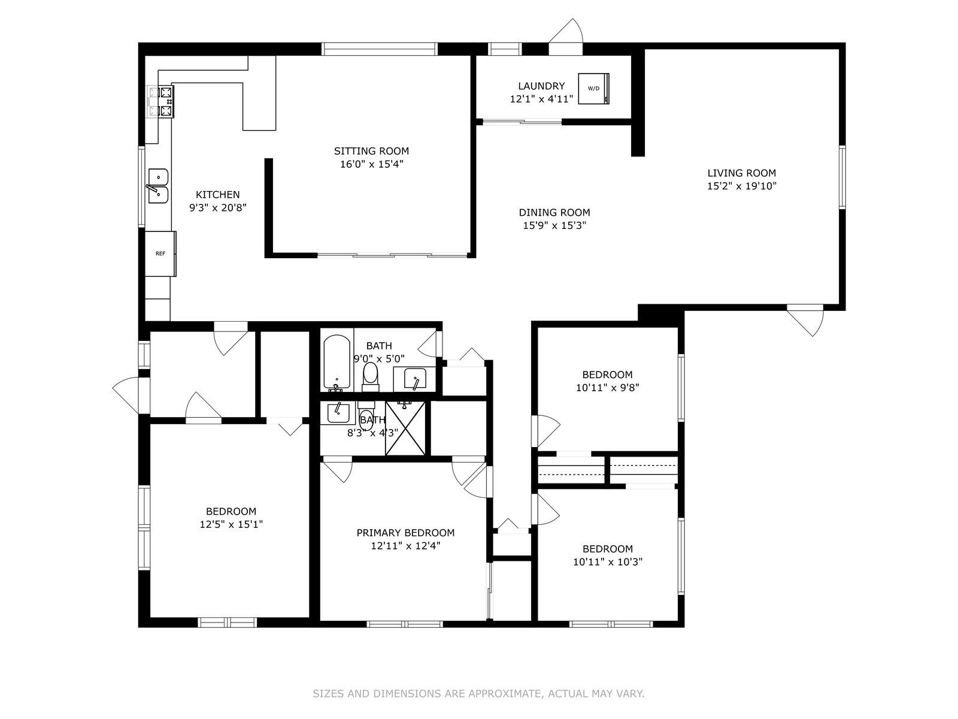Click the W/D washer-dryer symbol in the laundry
593,89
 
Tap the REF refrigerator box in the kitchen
160,253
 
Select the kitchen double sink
158,186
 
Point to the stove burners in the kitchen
161,102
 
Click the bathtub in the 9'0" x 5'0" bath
337,362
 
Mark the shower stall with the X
405,428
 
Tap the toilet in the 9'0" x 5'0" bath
370,377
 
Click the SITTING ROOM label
371,151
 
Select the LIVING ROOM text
741,173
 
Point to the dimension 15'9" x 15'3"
554,226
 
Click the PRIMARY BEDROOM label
405,533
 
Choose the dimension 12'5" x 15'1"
231,524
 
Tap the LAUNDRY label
541,86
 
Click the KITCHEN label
217,195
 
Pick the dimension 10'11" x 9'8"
608,388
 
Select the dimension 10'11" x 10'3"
608,562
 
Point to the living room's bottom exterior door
805,321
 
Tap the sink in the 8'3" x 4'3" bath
338,413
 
